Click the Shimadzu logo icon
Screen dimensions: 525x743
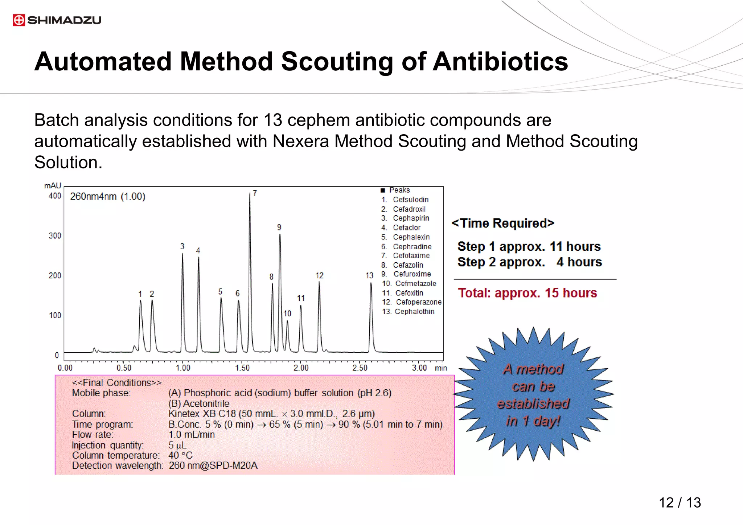coord(19,20)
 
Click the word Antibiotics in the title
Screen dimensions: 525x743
coord(500,61)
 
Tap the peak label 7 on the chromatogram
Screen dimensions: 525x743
coord(255,193)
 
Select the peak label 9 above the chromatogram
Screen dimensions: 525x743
coord(279,227)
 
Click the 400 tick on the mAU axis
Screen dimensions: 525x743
coord(55,196)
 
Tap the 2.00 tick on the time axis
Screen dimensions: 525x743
coord(301,368)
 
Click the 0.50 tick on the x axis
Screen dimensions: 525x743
coord(124,368)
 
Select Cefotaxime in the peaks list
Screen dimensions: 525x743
coord(411,256)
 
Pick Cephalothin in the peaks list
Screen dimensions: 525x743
coord(414,312)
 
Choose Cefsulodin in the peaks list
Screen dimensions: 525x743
coord(411,200)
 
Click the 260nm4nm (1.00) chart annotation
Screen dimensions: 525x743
coord(107,197)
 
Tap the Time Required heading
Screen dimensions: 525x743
coord(503,223)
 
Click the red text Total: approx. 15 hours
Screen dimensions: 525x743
coord(527,293)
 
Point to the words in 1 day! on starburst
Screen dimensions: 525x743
coord(533,421)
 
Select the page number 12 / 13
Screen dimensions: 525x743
coord(680,503)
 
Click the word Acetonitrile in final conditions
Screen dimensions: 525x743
coord(206,403)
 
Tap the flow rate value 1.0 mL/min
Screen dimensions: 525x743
coord(192,435)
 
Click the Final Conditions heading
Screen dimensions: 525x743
coord(116,383)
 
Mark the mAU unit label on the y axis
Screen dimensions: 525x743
coord(53,186)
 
